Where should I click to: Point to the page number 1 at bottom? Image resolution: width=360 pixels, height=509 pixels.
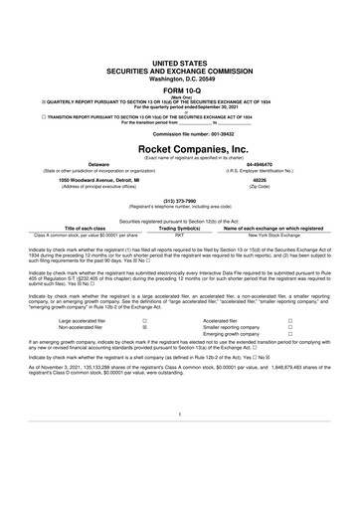[x=180, y=439]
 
